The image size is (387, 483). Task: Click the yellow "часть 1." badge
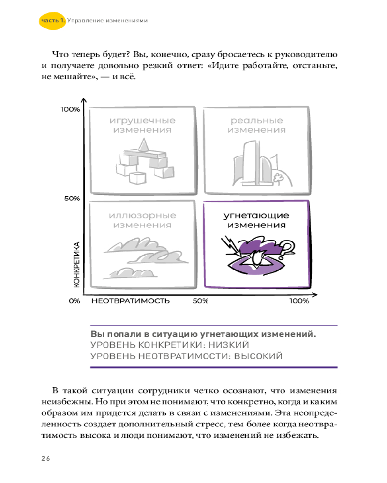[x=51, y=21]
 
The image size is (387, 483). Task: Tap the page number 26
[x=45, y=458]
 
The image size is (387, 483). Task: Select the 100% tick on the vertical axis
[x=70, y=109]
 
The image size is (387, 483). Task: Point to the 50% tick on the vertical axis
[x=72, y=198]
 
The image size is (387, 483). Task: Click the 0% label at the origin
[x=74, y=301]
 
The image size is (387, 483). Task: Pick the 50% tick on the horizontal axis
[x=200, y=301]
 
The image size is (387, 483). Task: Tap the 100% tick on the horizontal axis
[x=299, y=301]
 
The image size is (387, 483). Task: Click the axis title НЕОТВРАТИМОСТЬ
[x=131, y=301]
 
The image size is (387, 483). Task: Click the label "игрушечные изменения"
[x=142, y=125]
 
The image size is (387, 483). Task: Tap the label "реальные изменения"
[x=256, y=125]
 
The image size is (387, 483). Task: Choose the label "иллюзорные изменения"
[x=142, y=220]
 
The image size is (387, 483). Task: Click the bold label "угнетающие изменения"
[x=256, y=220]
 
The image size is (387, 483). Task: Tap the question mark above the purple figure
[x=287, y=248]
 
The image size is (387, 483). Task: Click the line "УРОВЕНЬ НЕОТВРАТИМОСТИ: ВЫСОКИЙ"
[x=186, y=357]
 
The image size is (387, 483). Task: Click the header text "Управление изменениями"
[x=107, y=21]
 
